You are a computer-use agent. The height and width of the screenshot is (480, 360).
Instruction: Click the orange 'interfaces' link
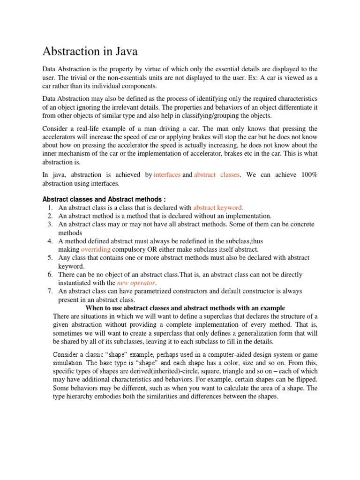click(x=167, y=175)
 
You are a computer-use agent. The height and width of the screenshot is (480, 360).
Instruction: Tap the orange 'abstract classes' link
click(x=217, y=175)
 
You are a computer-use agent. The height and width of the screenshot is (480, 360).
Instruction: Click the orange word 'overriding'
click(x=96, y=249)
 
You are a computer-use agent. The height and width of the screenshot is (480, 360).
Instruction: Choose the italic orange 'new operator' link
click(x=136, y=283)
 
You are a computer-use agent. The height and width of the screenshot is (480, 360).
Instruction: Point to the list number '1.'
click(x=51, y=207)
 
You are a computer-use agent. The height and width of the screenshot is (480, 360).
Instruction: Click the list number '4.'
click(x=51, y=241)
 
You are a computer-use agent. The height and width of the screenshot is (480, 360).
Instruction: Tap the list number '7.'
click(x=51, y=292)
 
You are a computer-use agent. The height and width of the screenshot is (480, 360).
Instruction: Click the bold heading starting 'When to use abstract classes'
click(x=185, y=308)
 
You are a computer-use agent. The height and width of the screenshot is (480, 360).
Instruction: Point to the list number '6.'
click(x=51, y=275)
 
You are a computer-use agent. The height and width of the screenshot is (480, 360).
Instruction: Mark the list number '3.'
click(x=51, y=224)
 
